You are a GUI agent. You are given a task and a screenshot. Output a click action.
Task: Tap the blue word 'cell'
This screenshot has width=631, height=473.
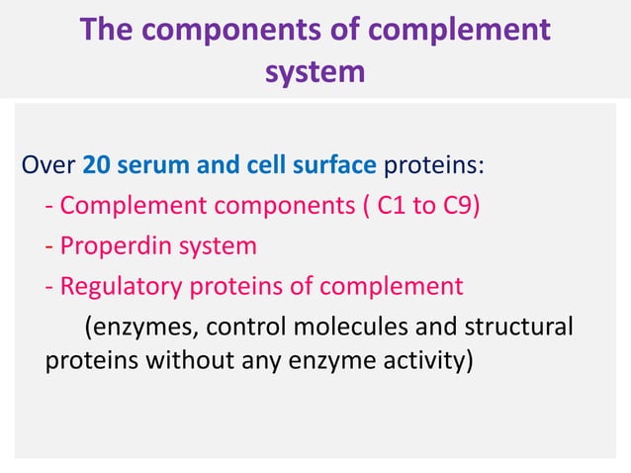click(x=263, y=162)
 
